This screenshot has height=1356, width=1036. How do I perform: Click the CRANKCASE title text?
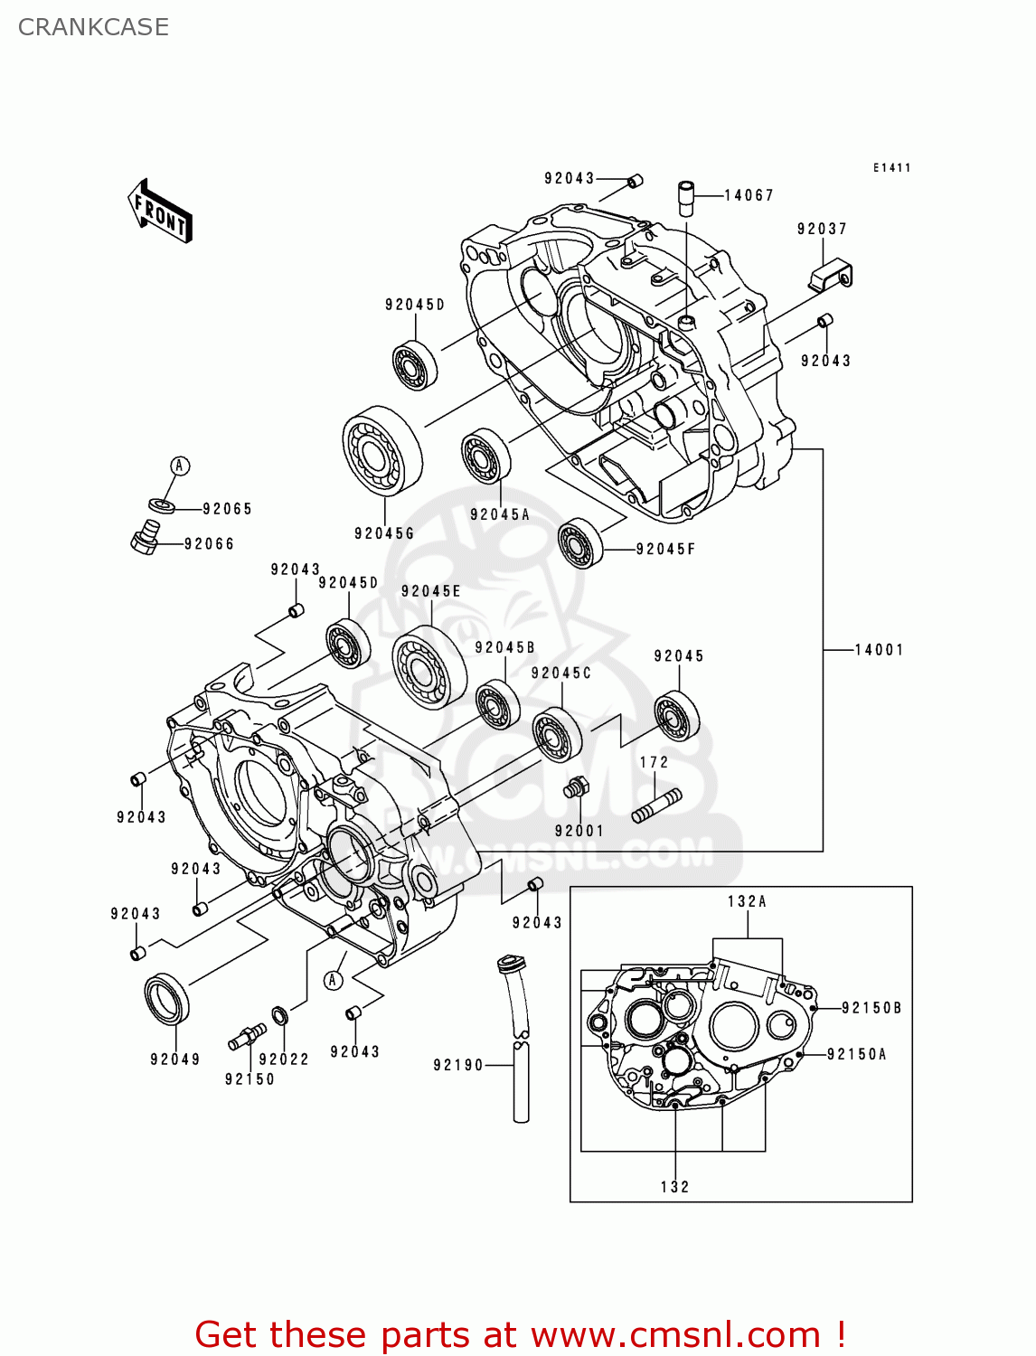pos(93,27)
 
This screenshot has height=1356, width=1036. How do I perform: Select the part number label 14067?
pos(749,195)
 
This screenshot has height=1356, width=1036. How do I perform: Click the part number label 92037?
pos(822,230)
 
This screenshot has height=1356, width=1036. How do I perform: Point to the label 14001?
pos(879,650)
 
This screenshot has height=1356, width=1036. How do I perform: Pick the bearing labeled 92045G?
pos(382,450)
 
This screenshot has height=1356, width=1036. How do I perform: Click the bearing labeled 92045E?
pos(429,666)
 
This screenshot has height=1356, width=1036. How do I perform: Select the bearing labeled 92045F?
pos(579,543)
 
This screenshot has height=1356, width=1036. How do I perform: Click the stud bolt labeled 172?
pos(656,805)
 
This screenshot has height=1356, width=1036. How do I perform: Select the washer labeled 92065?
pos(161,504)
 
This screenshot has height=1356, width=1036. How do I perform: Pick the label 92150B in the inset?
pos(871,1008)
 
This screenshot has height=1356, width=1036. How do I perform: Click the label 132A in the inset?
pos(747,901)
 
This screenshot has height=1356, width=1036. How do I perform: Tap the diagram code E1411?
pos(891,168)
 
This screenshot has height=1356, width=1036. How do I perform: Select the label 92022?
pos(284,1059)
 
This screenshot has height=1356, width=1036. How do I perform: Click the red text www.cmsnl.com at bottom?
pos(675,1335)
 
